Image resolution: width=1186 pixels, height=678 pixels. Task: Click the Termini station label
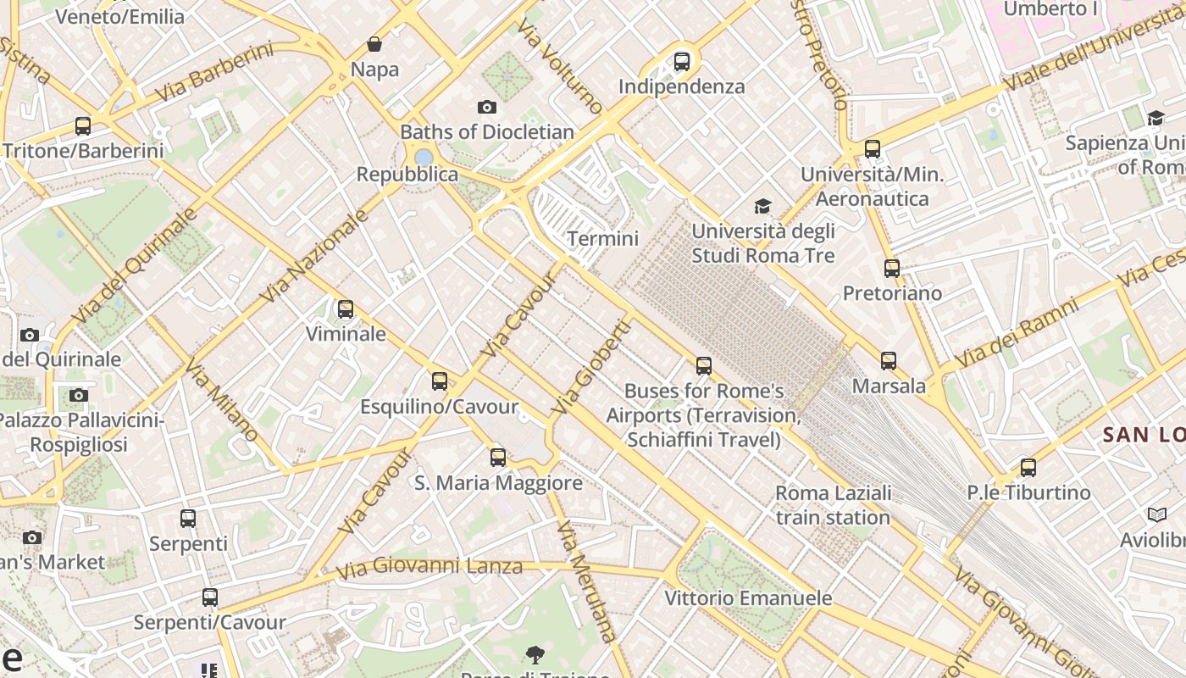coord(602,239)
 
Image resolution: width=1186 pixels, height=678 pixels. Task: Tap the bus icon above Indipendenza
coord(681,62)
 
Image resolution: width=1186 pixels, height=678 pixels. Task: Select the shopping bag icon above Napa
coord(374,44)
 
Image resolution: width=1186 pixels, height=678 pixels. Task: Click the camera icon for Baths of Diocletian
coord(486,107)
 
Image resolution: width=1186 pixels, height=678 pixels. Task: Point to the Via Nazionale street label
coord(314,256)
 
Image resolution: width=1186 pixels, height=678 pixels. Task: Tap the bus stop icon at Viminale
coord(345,309)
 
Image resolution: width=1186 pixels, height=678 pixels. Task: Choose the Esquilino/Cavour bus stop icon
coord(439,381)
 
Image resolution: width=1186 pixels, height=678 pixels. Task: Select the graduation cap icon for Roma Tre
coord(762,207)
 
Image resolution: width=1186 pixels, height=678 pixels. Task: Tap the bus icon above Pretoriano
coord(891,269)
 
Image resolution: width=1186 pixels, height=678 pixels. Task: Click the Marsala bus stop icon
coord(888,361)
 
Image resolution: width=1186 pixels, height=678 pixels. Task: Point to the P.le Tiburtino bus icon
coord(1028,468)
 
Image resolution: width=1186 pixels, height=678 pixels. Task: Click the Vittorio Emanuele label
coord(748,598)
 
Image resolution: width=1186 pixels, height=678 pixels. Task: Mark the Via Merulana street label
coord(585,580)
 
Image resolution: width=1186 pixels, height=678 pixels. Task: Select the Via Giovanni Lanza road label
coord(430,567)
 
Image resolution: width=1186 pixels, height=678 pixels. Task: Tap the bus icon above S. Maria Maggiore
coord(498,458)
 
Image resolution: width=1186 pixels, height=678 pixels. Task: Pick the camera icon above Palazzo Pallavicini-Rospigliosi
coord(79,396)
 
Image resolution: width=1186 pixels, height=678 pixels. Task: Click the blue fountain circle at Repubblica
coord(424,157)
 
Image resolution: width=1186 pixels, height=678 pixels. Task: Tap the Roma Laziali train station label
coord(833,505)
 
